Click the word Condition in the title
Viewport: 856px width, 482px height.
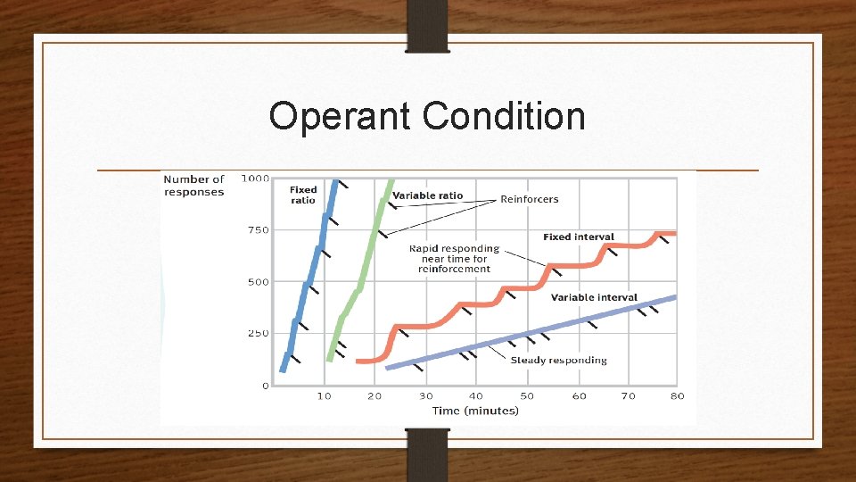point(504,117)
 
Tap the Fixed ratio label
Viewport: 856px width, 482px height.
point(303,195)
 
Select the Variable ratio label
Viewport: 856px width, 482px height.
point(427,195)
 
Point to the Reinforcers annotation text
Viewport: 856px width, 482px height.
point(529,199)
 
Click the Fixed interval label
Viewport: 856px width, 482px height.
point(578,237)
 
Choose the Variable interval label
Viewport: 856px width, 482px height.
point(594,297)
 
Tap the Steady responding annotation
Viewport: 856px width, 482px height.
point(558,361)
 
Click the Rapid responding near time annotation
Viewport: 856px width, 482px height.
point(454,259)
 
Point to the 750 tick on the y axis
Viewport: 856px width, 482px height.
point(258,230)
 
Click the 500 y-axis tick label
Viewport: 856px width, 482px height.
point(258,282)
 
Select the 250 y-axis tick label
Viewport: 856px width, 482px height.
point(258,334)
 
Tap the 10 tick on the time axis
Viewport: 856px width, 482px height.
point(325,395)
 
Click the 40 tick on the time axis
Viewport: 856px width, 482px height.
point(476,395)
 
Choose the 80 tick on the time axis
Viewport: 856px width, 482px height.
point(678,395)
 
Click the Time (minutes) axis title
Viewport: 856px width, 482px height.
point(475,411)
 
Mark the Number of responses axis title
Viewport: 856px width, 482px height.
point(193,186)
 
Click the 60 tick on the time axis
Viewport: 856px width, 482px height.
point(579,395)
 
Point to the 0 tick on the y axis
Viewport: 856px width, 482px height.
point(265,386)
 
